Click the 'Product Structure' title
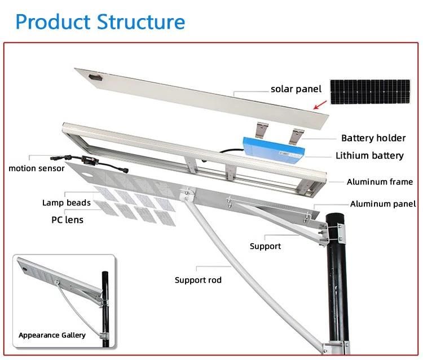(100, 22)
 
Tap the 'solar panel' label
(296, 89)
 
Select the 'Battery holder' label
(373, 138)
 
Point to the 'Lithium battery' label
(369, 156)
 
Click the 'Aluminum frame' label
(379, 182)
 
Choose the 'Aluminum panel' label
(382, 204)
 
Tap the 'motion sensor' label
(36, 168)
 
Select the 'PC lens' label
(67, 219)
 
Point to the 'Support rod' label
(198, 280)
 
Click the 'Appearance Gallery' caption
(52, 335)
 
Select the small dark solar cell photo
(371, 92)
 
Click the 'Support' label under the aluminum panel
(265, 246)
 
